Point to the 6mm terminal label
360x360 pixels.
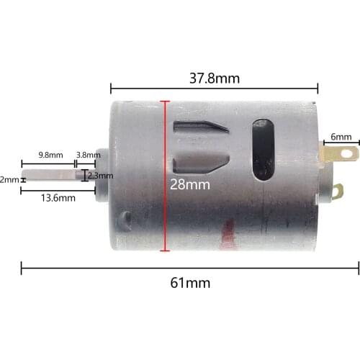click(x=341, y=137)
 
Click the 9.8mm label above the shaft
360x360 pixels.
click(x=51, y=155)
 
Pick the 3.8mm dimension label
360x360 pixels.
click(x=88, y=155)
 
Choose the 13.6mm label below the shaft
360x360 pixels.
click(x=57, y=197)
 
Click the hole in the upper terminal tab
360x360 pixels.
click(x=348, y=153)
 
